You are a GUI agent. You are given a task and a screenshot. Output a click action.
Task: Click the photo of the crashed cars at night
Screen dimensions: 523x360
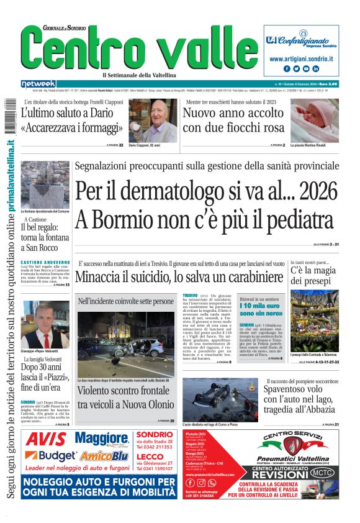point(126,343)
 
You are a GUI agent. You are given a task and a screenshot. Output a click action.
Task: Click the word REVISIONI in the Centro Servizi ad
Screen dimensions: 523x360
point(277,473)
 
